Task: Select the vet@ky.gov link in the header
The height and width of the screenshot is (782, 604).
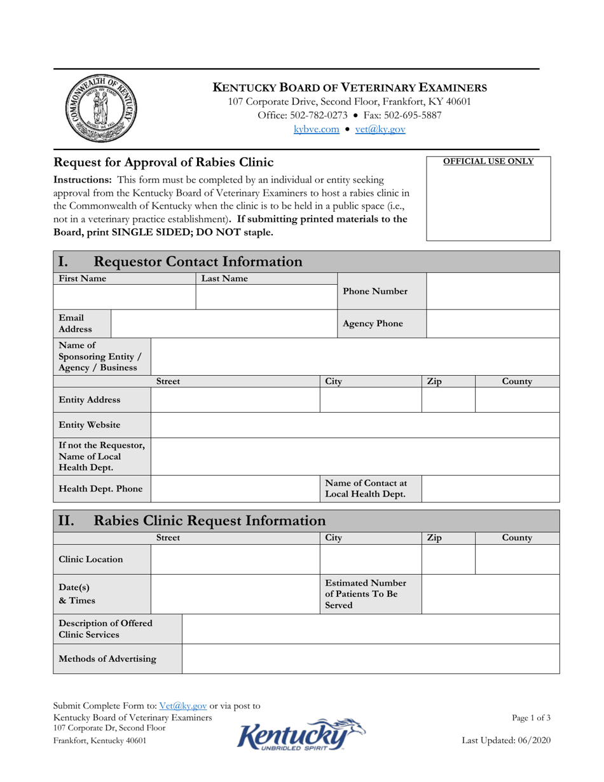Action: pos(380,129)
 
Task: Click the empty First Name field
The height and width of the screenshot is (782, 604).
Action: pos(125,296)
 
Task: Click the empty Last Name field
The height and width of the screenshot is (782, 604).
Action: pos(266,296)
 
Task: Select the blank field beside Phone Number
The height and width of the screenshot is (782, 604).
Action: pos(492,291)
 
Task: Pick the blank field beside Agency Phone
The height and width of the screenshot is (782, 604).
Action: pos(492,324)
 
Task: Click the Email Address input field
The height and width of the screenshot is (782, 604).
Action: pos(224,324)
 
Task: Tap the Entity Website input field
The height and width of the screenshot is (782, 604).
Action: pos(355,425)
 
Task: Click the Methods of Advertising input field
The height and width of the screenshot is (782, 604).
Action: pos(370,659)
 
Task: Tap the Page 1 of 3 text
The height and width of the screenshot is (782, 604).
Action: pos(531,718)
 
